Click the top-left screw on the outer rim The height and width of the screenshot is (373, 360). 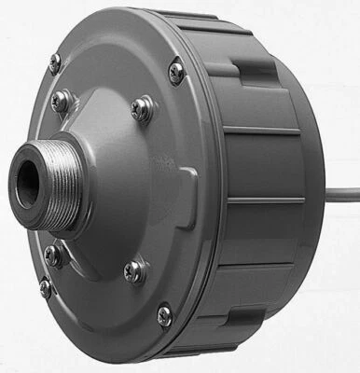pos(54,63)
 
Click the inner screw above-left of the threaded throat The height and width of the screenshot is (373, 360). pos(61,102)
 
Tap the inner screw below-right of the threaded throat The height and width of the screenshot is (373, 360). pos(134,271)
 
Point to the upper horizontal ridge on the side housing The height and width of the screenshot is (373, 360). pos(266,130)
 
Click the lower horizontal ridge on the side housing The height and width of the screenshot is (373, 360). pos(270,200)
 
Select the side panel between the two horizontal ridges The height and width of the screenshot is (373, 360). pos(270,165)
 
